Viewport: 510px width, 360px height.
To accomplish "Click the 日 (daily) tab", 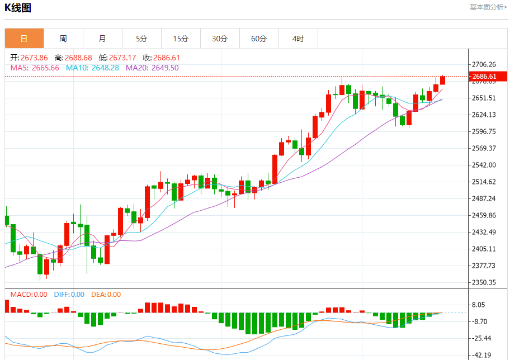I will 24,39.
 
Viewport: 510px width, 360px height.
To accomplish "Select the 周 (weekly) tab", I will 63,39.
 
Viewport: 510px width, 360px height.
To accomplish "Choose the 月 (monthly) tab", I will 102,39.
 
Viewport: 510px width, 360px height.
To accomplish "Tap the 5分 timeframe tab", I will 141,39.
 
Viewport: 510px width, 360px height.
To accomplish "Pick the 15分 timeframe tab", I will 181,39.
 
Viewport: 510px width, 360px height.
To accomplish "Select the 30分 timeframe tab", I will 220,39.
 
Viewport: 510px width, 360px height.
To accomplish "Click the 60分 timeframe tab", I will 259,39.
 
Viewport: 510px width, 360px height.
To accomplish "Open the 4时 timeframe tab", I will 298,39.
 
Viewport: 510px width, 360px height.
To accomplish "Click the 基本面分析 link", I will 488,7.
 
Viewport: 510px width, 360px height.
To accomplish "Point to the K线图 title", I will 18,8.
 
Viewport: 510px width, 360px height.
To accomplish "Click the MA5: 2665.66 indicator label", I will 35,68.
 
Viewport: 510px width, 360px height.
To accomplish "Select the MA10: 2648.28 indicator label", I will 92,68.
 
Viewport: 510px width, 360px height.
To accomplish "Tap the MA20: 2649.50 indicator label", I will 152,68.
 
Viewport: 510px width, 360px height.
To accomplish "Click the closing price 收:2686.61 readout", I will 161,58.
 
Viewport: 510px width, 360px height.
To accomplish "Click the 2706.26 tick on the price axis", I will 484,64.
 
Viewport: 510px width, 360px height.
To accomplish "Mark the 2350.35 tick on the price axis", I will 484,282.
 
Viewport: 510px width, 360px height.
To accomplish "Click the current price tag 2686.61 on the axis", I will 484,77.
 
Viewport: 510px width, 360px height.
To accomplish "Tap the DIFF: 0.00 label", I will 69,295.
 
